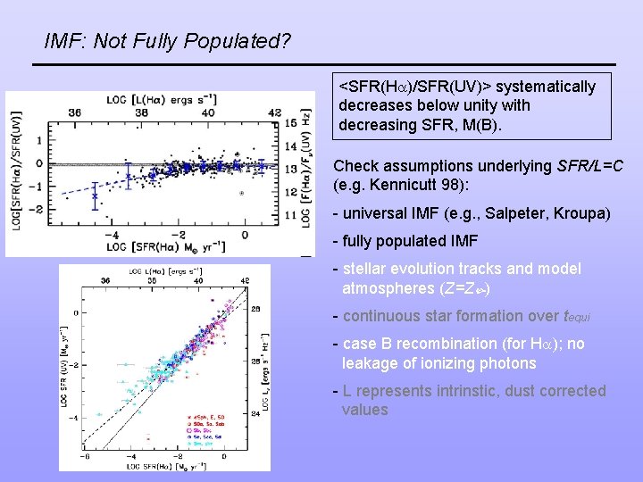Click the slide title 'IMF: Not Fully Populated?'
(167, 41)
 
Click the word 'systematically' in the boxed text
(545, 87)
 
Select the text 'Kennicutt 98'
(412, 186)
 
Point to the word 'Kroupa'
(583, 214)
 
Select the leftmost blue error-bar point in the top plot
(95, 195)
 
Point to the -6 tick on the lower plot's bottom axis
(85, 457)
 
